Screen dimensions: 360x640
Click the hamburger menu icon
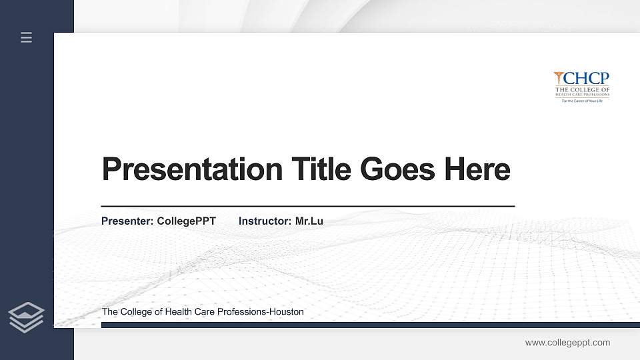27,37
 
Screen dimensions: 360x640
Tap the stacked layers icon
27,317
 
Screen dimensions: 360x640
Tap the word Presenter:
127,221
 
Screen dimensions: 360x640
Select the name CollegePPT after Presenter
187,221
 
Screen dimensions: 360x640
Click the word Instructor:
265,221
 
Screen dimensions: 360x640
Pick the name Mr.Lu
309,221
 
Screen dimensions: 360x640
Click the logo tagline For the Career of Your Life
582,101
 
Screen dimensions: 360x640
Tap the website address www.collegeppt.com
567,343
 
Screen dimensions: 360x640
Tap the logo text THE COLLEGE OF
582,89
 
